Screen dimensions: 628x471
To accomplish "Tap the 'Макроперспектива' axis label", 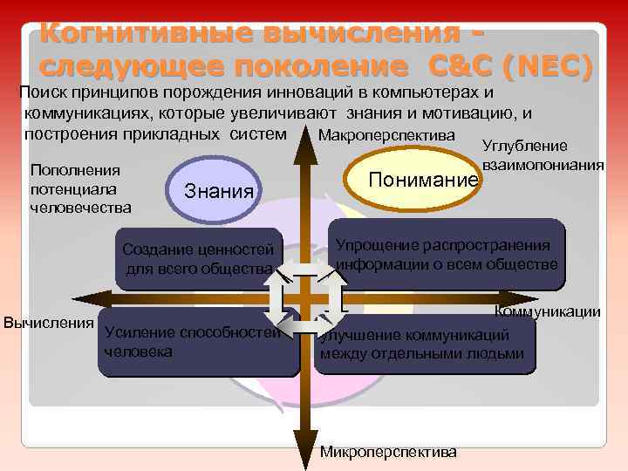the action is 386,136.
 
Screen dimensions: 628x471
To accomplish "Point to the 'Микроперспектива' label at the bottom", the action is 388,453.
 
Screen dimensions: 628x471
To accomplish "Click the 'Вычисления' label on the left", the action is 49,323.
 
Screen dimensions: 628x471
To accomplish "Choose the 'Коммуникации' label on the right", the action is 547,311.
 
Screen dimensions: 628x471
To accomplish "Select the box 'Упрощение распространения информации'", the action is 447,253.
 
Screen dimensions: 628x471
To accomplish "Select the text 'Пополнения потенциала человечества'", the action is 80,188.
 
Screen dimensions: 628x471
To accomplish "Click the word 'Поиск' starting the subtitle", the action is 44,92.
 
